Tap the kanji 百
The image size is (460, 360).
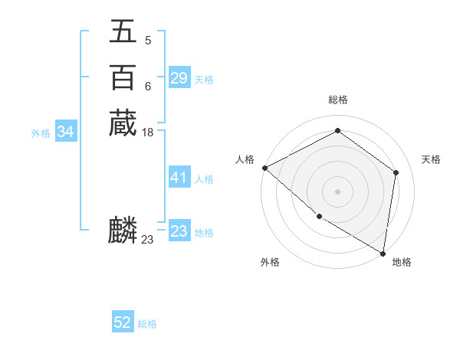click(123, 77)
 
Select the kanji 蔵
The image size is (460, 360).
click(123, 123)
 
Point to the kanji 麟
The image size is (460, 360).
click(123, 231)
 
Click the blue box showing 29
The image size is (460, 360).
click(179, 78)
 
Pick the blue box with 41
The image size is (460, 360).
click(179, 178)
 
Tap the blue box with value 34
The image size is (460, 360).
click(66, 132)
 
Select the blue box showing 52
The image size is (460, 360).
click(123, 323)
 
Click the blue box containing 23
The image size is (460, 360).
click(179, 231)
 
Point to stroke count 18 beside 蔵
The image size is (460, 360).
click(148, 133)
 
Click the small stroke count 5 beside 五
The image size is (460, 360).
click(147, 41)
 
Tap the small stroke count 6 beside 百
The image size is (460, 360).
click(147, 87)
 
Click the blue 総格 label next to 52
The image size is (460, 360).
click(147, 324)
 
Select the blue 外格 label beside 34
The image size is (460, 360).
click(41, 133)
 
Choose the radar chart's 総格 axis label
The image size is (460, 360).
click(338, 100)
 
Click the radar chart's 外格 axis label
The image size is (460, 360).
click(270, 262)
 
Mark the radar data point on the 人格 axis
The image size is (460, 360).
click(264, 168)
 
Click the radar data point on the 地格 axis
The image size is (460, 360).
click(383, 253)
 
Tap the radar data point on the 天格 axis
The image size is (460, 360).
click(396, 172)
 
